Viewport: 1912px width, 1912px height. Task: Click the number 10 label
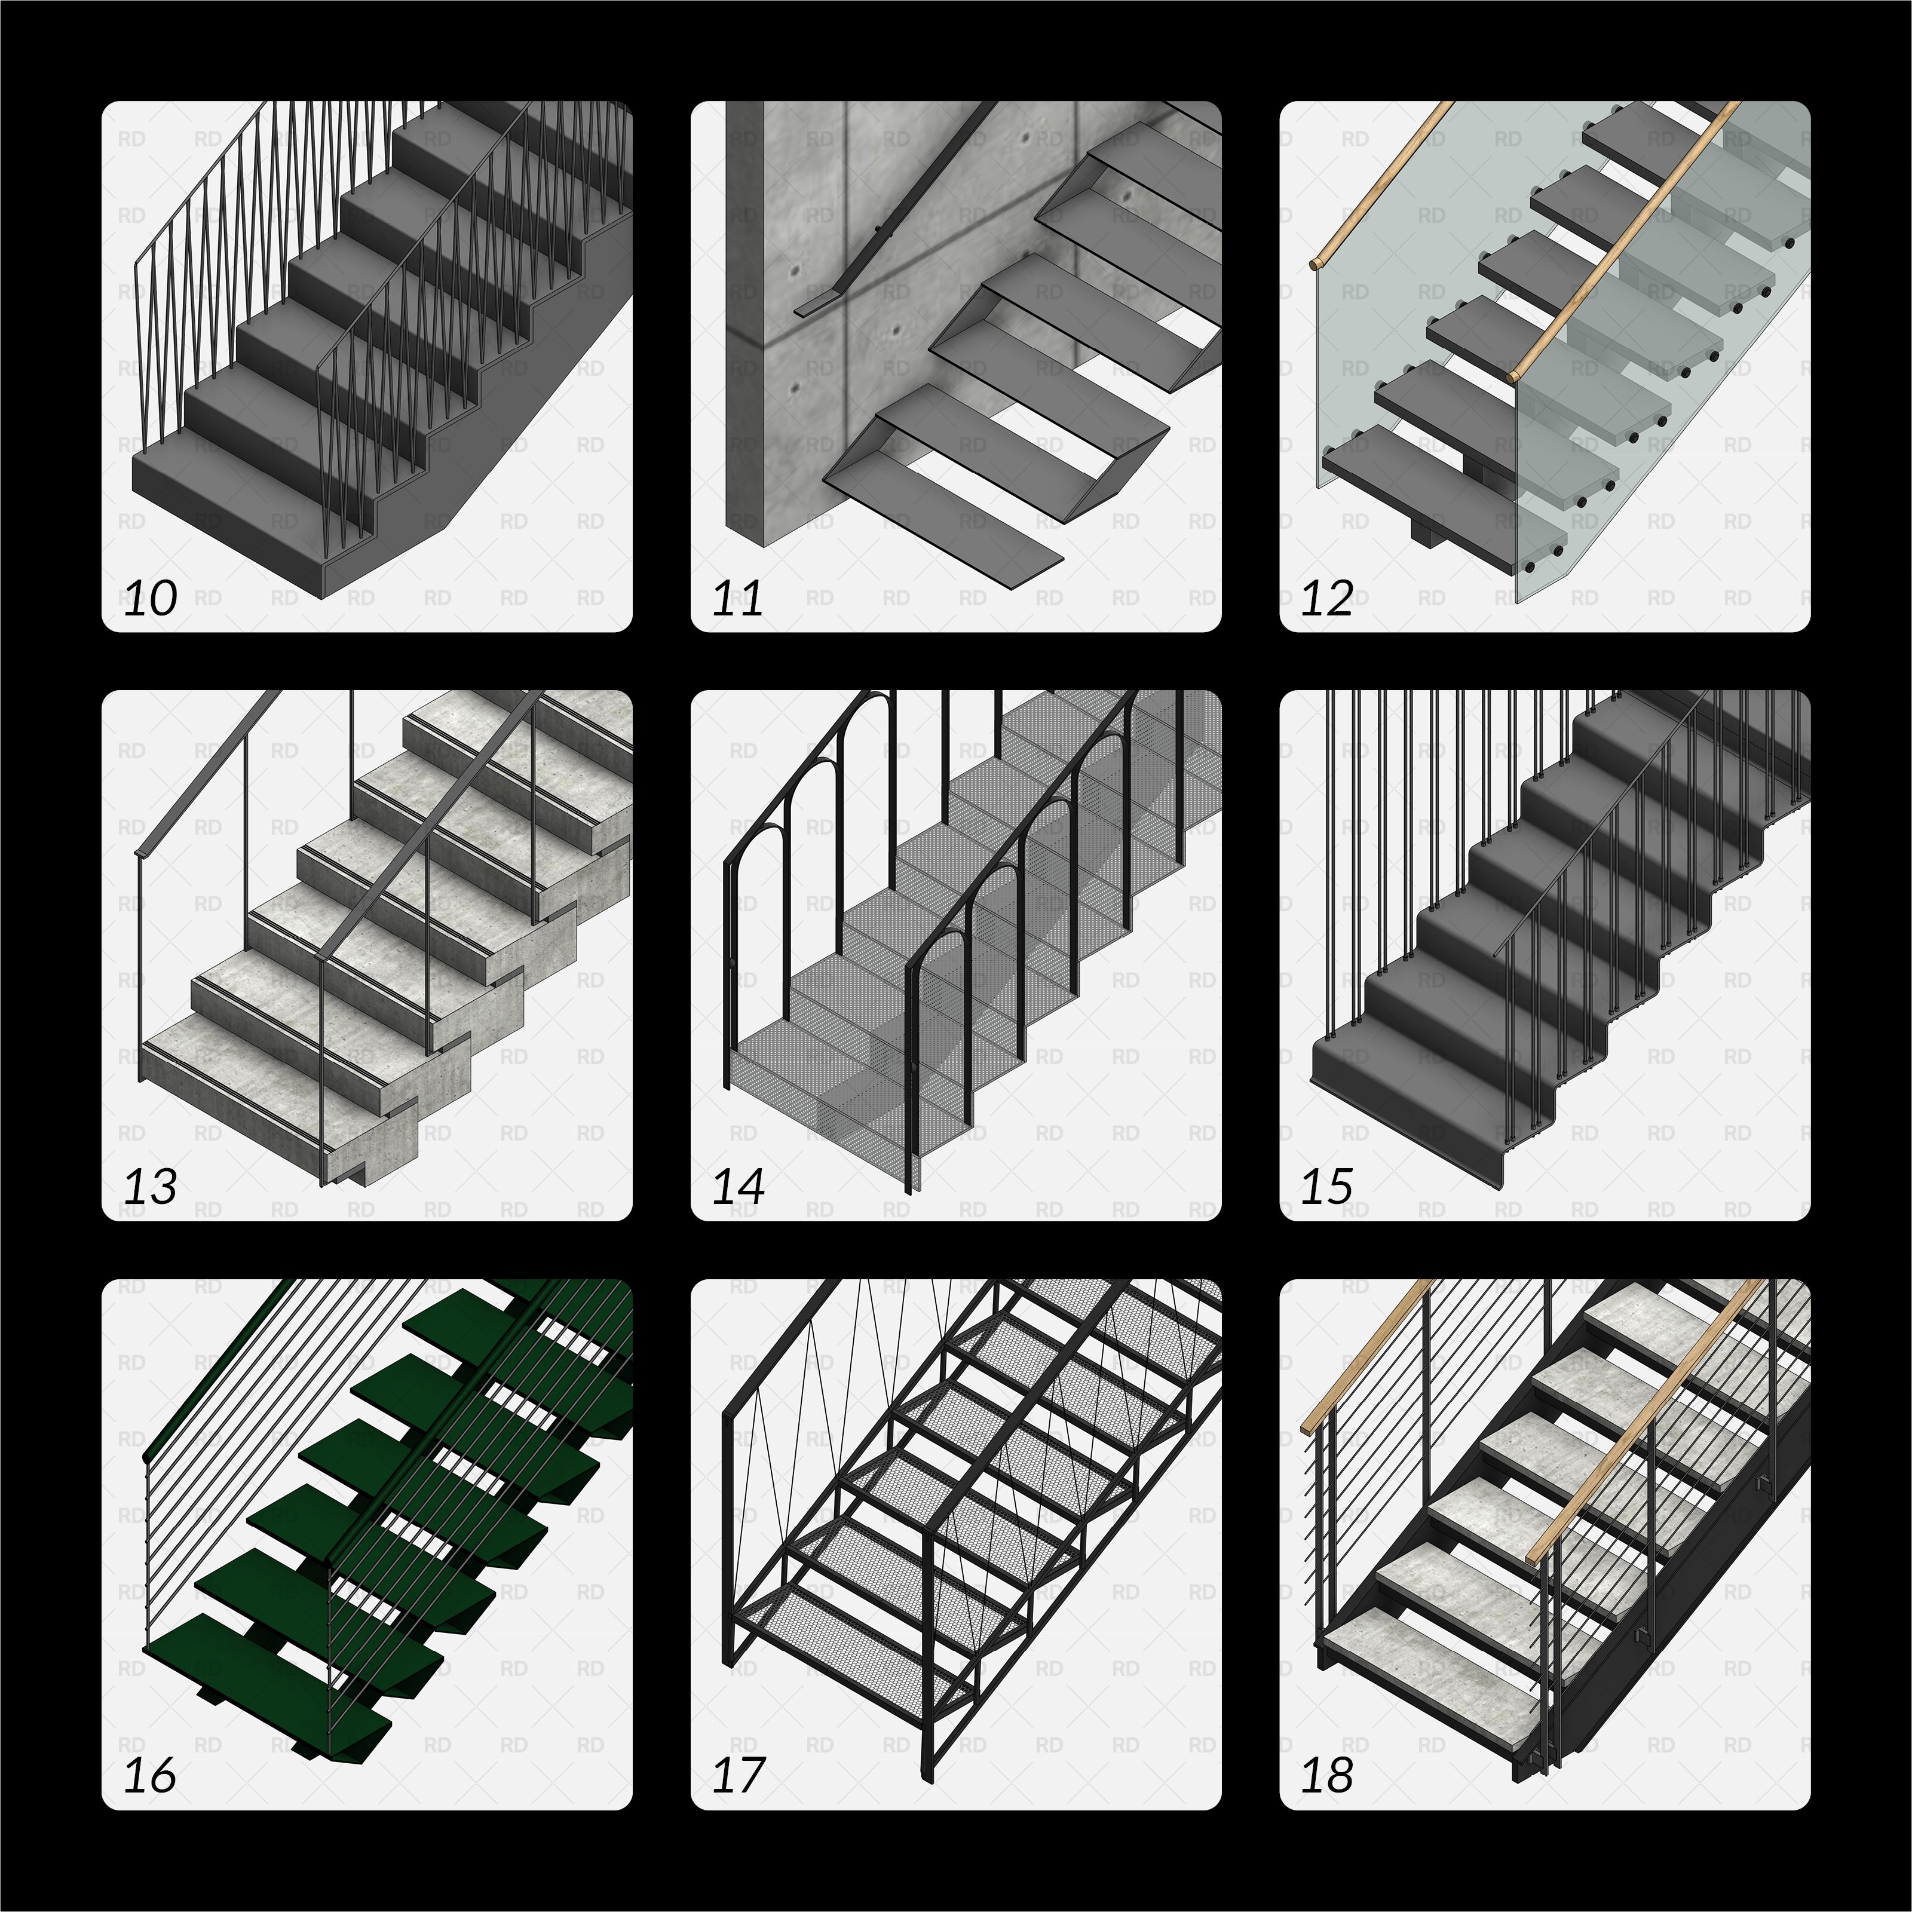click(151, 599)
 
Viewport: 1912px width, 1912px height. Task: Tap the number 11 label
click(737, 599)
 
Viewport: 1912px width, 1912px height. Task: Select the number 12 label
click(1326, 599)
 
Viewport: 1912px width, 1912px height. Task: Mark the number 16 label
click(151, 1775)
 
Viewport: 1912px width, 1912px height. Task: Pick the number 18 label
click(1326, 1775)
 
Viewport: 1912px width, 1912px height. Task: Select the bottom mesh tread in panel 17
click(841, 1633)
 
